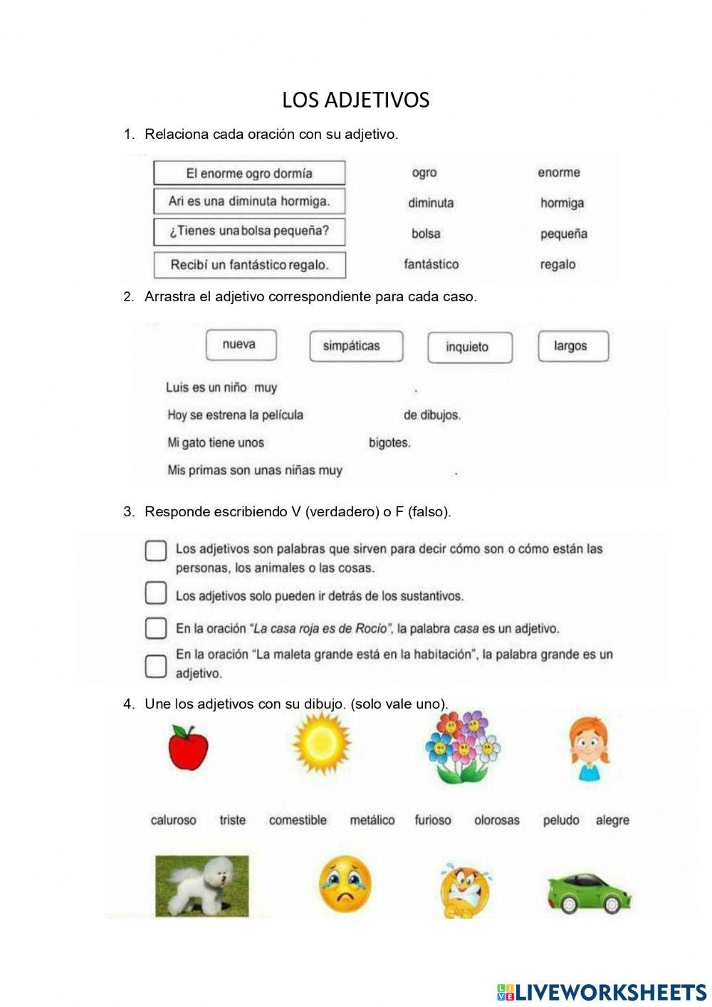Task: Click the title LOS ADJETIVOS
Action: click(355, 100)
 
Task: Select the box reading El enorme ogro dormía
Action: click(249, 173)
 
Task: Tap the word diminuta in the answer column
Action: click(431, 203)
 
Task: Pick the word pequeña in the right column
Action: click(563, 234)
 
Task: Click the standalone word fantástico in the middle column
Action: click(431, 264)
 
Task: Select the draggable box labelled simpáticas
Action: click(356, 346)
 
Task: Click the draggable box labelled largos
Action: click(572, 346)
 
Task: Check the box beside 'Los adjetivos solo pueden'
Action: click(156, 593)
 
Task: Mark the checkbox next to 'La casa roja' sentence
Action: click(156, 628)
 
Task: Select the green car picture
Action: click(589, 892)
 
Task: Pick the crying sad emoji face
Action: click(345, 885)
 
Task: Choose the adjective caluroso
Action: click(173, 820)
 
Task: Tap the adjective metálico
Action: click(372, 820)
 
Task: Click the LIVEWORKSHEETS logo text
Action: click(602, 992)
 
